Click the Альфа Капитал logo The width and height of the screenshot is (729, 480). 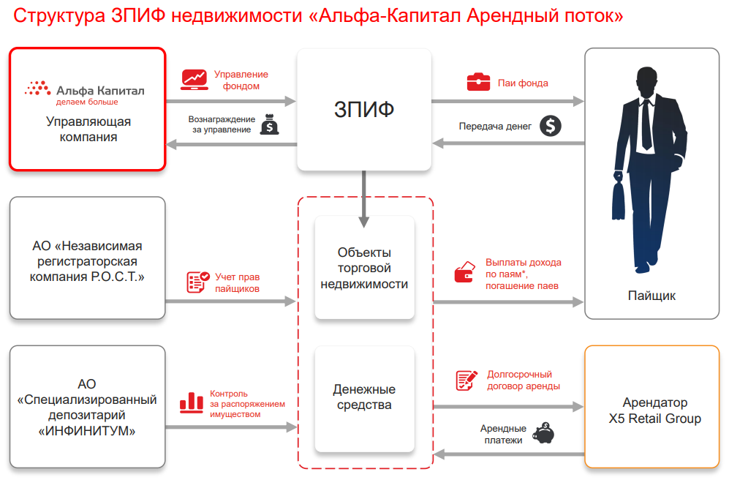pyautogui.click(x=85, y=93)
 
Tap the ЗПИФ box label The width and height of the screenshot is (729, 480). pyautogui.click(x=364, y=110)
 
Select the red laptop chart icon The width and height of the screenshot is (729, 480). pyautogui.click(x=194, y=80)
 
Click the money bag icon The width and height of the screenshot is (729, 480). pyautogui.click(x=270, y=124)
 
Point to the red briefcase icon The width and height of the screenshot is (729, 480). pyautogui.click(x=478, y=82)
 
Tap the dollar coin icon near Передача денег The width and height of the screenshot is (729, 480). pyautogui.click(x=551, y=126)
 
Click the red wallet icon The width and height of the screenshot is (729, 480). pyautogui.click(x=465, y=272)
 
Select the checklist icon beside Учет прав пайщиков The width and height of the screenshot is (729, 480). pyautogui.click(x=197, y=282)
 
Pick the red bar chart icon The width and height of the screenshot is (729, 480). pyautogui.click(x=192, y=402)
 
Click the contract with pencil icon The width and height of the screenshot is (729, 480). pyautogui.click(x=467, y=380)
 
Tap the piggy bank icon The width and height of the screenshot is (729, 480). pyautogui.click(x=543, y=433)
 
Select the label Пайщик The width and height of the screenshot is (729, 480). pyautogui.click(x=651, y=296)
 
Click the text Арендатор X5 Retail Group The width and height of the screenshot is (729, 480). pyautogui.click(x=654, y=410)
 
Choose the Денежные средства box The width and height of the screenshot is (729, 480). pyautogui.click(x=364, y=399)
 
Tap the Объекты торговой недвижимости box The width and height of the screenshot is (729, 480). pyautogui.click(x=364, y=268)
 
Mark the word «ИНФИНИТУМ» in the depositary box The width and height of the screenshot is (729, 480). pyautogui.click(x=87, y=431)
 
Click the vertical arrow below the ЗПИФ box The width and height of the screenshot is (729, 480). pyautogui.click(x=364, y=199)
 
